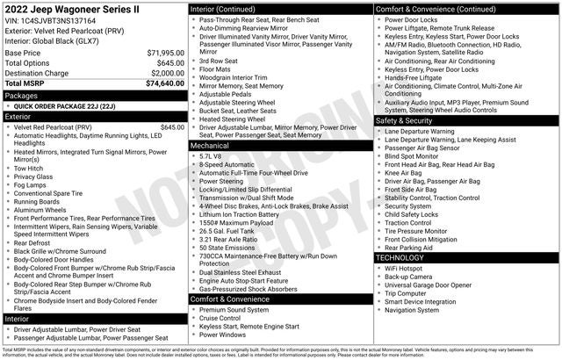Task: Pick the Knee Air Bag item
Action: (403, 173)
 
